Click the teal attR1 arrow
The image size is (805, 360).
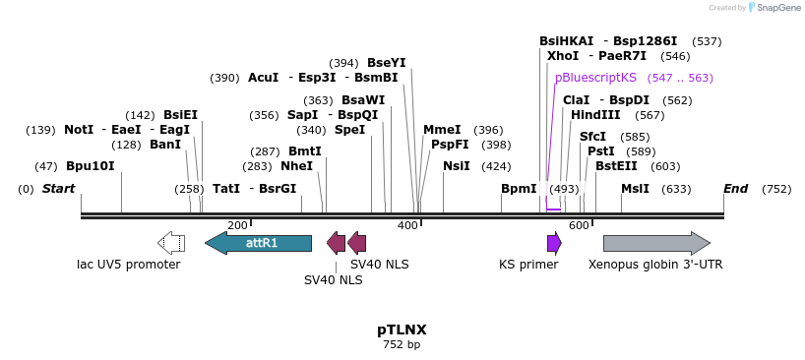click(258, 243)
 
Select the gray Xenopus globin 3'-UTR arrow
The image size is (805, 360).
click(656, 243)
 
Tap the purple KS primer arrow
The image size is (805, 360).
click(554, 243)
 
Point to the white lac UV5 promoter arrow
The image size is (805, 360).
click(171, 243)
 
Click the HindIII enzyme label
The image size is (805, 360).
click(595, 115)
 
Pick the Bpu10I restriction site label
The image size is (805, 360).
click(91, 166)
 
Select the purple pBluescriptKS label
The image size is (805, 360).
click(595, 78)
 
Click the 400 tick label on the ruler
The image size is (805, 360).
click(409, 225)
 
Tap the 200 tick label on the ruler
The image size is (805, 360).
click(238, 225)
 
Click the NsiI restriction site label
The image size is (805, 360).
click(457, 166)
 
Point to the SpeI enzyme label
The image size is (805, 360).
click(349, 130)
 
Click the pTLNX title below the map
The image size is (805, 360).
click(402, 330)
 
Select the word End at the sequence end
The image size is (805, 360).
click(735, 189)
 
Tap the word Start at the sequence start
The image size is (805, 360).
click(58, 189)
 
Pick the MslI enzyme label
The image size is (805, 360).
click(635, 189)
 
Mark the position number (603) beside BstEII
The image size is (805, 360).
click(665, 166)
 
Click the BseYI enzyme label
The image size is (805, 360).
click(387, 63)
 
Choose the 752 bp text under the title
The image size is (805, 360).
click(402, 344)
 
